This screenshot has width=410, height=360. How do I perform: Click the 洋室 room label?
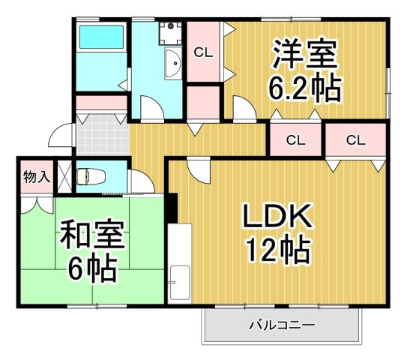pyautogui.click(x=305, y=54)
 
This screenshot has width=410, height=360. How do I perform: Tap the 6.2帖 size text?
pyautogui.click(x=305, y=88)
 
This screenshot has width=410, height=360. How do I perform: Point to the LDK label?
pyautogui.click(x=276, y=217)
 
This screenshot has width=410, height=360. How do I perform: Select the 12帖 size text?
pyautogui.click(x=276, y=250)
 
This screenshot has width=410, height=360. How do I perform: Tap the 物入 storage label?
pyautogui.click(x=36, y=177)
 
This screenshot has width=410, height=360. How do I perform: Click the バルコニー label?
pyautogui.click(x=281, y=325)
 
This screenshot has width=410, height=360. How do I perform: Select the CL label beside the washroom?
pyautogui.click(x=202, y=52)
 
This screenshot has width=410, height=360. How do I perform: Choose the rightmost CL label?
pyautogui.click(x=355, y=139)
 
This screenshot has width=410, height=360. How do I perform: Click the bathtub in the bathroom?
pyautogui.click(x=102, y=38)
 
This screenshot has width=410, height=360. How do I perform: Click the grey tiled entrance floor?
pyautogui.click(x=100, y=136)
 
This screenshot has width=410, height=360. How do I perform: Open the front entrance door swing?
pyautogui.click(x=59, y=136)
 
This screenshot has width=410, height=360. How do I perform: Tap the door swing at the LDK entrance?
pyautogui.click(x=196, y=169)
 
